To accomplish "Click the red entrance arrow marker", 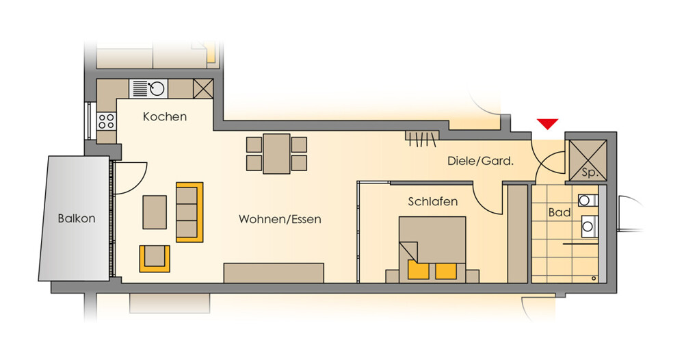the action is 547,123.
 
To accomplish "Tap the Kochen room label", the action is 165,116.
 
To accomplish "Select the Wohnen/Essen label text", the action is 280,219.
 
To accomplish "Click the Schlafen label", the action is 433,202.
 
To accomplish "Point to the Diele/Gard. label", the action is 480,161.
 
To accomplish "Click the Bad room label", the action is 560,212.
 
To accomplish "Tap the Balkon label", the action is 77,218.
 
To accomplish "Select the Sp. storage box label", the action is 590,172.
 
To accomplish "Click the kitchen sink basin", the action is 157,88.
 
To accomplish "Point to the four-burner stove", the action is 107,121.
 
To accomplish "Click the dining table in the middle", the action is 276,153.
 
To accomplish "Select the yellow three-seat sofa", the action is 189,212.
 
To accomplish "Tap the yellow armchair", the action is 155,259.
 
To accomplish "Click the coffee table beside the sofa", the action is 155,212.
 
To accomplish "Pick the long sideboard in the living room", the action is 274,272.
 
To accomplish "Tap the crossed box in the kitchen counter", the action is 203,88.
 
